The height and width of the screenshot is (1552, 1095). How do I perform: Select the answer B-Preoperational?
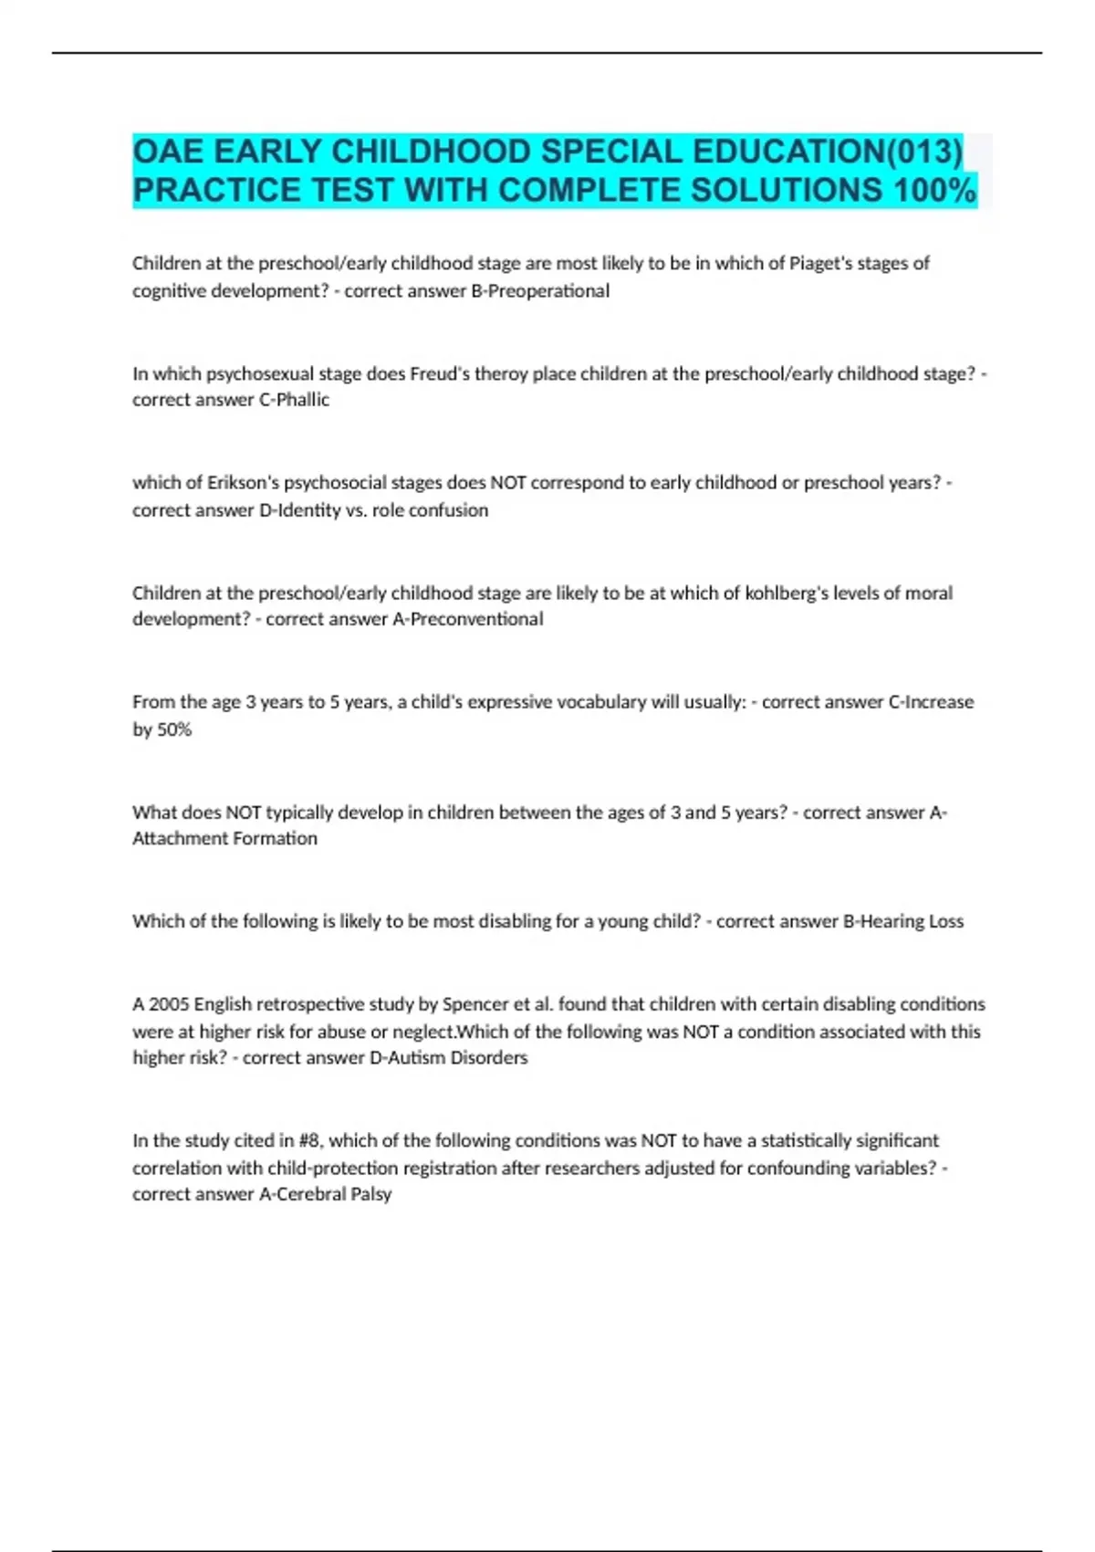539,291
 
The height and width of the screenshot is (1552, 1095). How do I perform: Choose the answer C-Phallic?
294,400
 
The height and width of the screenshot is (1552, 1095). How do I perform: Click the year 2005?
168,1004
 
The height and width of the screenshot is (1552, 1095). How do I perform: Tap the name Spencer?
474,1004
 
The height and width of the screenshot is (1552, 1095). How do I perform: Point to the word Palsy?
371,1194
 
